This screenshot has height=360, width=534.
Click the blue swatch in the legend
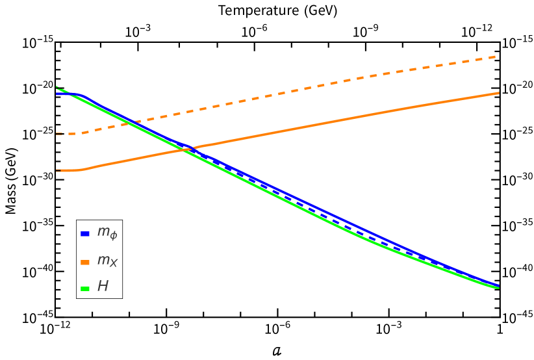tap(84, 234)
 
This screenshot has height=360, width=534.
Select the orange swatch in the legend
tap(84, 263)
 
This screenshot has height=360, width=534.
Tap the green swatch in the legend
tap(84, 289)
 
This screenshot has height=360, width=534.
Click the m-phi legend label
tap(107, 232)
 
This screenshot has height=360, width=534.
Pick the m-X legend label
tap(107, 261)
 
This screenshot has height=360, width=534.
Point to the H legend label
tap(103, 287)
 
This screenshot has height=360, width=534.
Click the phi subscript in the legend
tap(114, 236)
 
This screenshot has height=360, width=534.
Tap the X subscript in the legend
tap(114, 263)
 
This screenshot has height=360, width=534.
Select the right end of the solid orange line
tap(498, 93)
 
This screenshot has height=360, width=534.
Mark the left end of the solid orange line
tap(57, 170)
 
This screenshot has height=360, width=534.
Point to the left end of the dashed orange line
tap(57, 134)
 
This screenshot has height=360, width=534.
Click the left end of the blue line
tap(57, 94)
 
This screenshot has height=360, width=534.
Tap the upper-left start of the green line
tap(57, 87)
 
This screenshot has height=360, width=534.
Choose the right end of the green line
tap(498, 287)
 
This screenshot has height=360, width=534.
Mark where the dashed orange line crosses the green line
tap(134, 122)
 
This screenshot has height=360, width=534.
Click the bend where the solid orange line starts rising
tap(82, 170)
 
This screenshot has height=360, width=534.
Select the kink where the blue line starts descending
tap(81, 95)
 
